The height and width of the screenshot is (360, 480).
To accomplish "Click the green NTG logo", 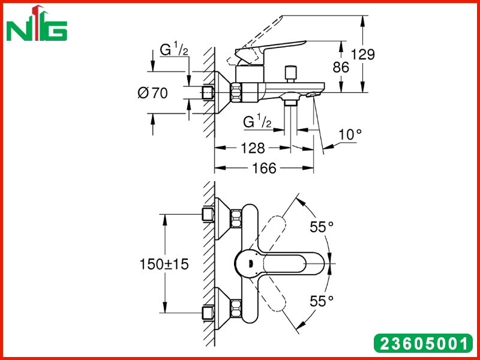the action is (37, 23).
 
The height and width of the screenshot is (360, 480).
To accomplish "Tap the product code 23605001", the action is (424, 343).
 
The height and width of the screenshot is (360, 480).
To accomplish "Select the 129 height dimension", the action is (363, 55).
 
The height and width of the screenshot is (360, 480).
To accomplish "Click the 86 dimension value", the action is (341, 67).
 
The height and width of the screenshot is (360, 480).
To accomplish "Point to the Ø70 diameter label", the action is (153, 93).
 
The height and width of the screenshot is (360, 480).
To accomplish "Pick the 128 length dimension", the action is (253, 148).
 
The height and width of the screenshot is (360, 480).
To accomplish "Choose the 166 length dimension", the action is (264, 168).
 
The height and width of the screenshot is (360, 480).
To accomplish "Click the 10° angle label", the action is (350, 134).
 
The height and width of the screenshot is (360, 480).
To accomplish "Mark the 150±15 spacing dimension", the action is (164, 264).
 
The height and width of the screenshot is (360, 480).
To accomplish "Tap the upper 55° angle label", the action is (322, 227).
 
